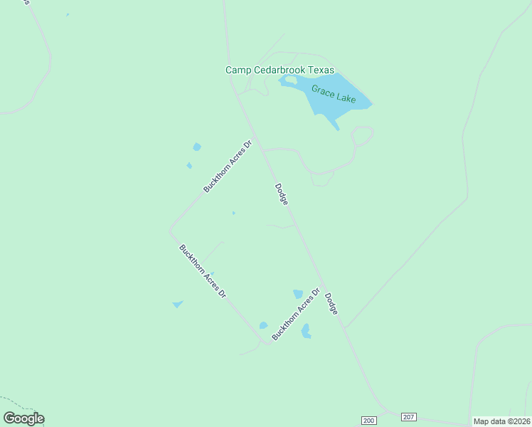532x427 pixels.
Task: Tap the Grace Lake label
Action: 333,93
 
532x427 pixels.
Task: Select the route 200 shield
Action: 368,421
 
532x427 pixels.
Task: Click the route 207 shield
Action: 408,416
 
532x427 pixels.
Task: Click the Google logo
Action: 23,418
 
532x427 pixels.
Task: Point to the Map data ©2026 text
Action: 501,421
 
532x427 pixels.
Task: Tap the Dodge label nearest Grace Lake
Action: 282,195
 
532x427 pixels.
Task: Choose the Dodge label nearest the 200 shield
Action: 331,304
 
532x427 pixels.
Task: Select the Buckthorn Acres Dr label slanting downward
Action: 203,271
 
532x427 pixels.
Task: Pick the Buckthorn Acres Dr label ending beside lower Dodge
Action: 295,313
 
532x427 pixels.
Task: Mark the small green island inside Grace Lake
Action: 290,80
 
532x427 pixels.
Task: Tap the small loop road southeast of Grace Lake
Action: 363,135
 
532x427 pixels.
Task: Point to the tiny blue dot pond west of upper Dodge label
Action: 233,213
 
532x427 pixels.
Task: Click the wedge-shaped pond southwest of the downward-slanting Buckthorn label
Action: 177,305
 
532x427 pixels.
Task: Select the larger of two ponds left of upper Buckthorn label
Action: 197,147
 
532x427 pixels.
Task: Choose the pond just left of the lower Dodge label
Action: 298,294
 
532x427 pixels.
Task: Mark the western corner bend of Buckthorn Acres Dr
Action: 171,231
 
